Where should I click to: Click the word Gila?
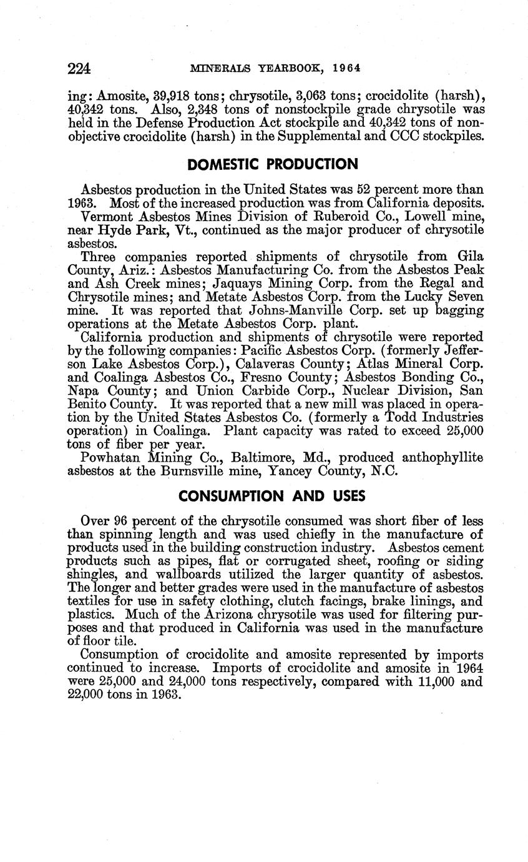[470, 257]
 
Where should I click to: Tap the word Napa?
[84, 391]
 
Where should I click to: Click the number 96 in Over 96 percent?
[121, 521]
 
